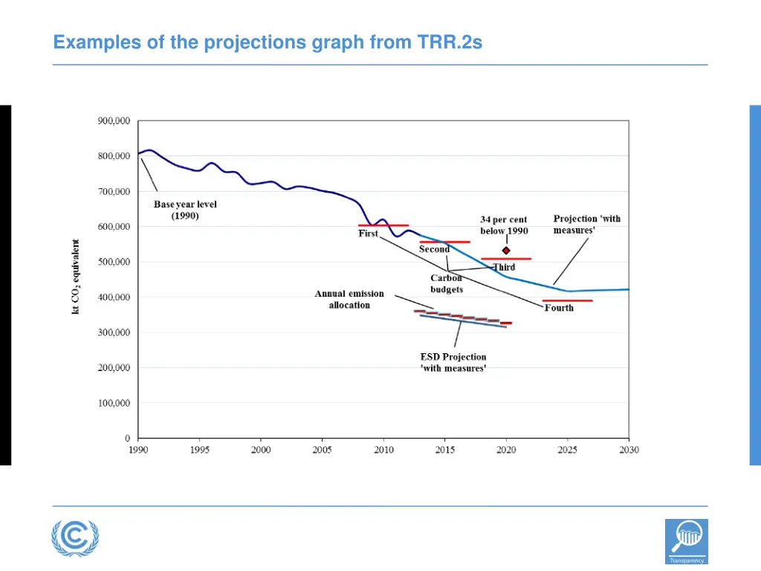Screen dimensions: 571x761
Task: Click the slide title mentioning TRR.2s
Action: (x=268, y=42)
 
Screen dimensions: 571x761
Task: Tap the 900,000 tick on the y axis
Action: (x=114, y=120)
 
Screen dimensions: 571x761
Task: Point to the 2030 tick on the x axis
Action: (x=629, y=450)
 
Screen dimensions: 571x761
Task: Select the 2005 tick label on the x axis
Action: (x=322, y=450)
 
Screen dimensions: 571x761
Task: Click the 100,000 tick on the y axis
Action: (x=114, y=403)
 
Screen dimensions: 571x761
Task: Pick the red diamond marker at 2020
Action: (x=506, y=251)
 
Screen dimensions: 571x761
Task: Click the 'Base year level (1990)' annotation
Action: (x=185, y=210)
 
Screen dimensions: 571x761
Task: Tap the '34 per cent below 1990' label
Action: (x=504, y=225)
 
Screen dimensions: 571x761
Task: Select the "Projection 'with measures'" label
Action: (x=586, y=225)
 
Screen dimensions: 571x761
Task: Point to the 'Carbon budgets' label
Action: (x=446, y=284)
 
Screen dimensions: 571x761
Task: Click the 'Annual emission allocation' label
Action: (x=349, y=300)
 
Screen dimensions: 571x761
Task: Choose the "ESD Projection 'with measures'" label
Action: (x=453, y=362)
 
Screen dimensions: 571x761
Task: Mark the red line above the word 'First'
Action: (x=383, y=225)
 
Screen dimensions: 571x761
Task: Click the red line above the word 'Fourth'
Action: (x=567, y=300)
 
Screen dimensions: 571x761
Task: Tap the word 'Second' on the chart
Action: (x=434, y=250)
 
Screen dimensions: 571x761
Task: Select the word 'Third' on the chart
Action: (x=504, y=268)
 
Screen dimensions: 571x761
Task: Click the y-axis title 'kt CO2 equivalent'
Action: (x=76, y=276)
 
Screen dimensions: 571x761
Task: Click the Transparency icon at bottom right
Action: (x=686, y=541)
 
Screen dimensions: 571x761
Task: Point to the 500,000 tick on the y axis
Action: (x=114, y=262)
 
